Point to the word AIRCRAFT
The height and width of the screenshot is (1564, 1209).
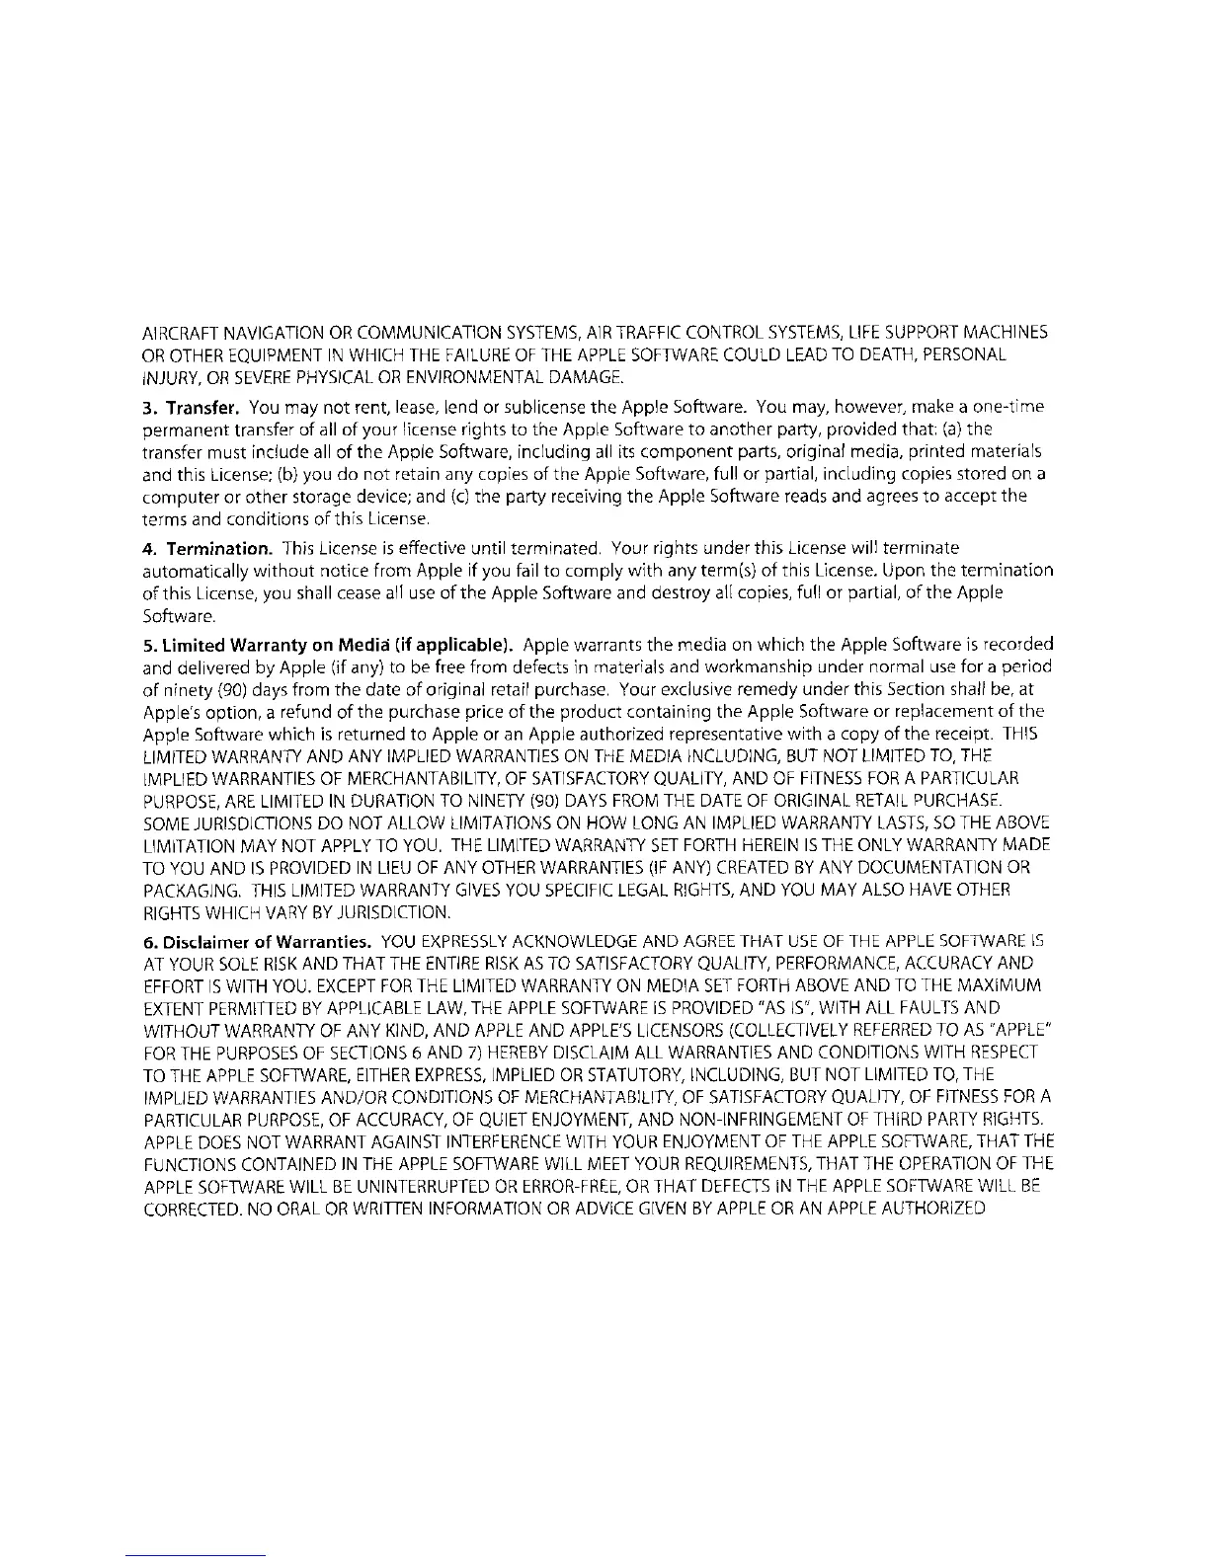click(x=179, y=332)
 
